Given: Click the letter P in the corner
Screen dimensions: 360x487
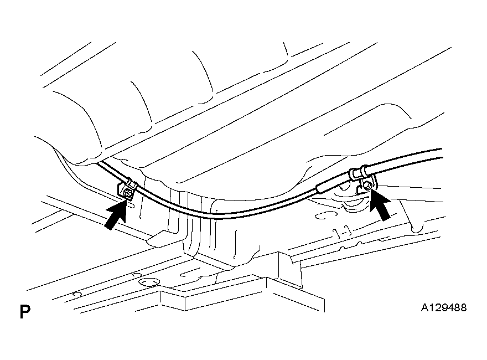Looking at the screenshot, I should coord(24,311).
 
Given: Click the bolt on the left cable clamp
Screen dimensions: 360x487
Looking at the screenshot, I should coord(128,193).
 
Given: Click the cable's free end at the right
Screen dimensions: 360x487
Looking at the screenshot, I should coord(441,150).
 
